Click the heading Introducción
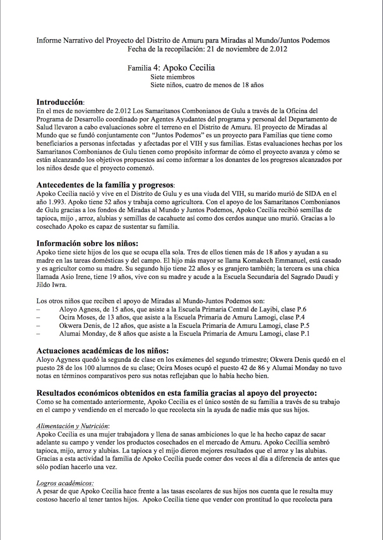tap(60, 102)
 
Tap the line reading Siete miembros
tap(172, 77)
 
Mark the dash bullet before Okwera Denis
tap(38, 326)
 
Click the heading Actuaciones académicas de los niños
tap(103, 351)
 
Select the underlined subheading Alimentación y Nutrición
tap(73, 426)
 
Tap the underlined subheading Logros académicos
tap(65, 483)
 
